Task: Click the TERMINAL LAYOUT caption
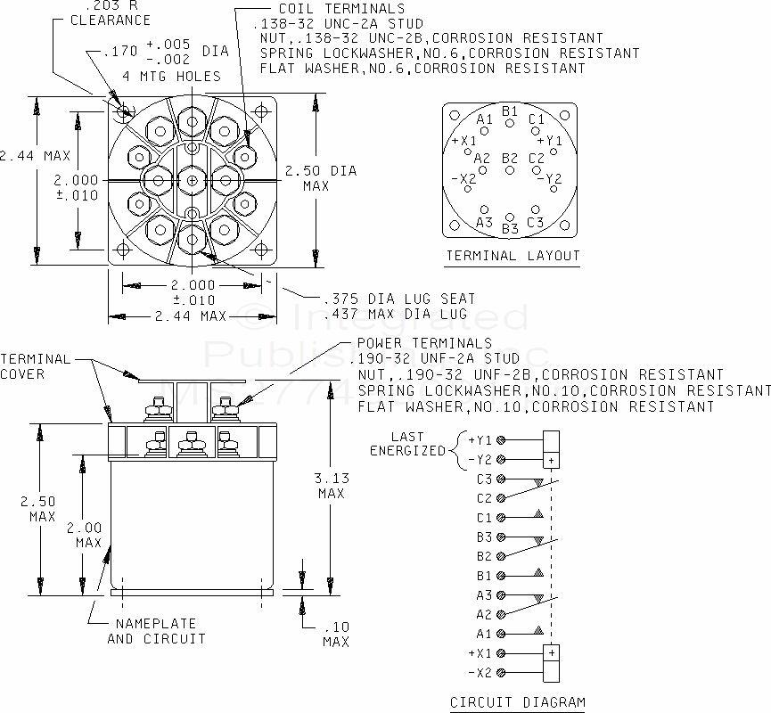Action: point(513,256)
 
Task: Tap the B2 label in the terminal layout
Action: point(510,159)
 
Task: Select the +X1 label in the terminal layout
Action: point(463,141)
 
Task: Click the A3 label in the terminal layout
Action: point(484,222)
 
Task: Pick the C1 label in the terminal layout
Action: point(536,119)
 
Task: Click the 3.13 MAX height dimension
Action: point(332,485)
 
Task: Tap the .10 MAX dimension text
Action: point(336,634)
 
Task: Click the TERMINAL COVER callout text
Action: point(35,366)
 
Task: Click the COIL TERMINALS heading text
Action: point(328,9)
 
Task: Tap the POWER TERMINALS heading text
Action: point(423,343)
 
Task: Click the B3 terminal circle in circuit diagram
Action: point(501,537)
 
